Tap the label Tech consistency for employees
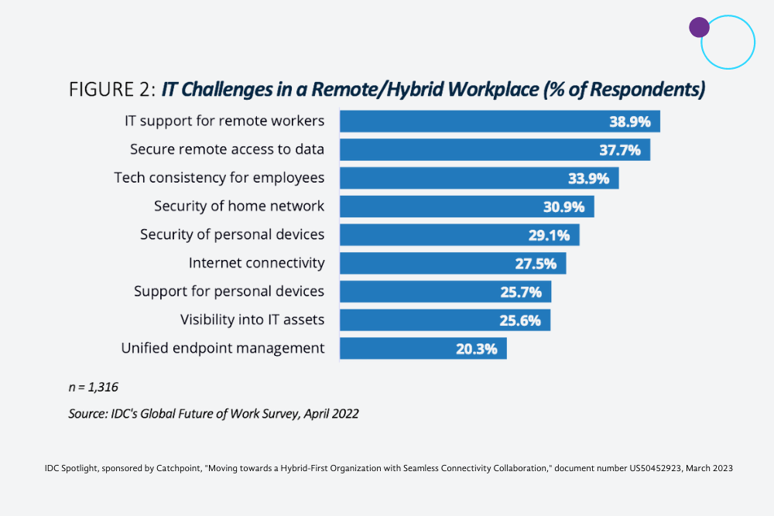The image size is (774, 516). click(x=219, y=178)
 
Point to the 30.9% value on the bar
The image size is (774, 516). click(x=567, y=207)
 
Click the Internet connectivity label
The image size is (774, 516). click(x=256, y=263)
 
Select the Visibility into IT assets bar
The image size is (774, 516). click(x=444, y=320)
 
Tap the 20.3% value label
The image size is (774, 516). click(x=476, y=349)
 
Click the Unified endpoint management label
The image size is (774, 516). click(x=223, y=348)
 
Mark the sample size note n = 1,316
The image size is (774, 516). click(x=94, y=386)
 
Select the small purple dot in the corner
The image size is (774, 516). click(x=699, y=28)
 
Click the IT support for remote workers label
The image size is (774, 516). click(x=224, y=121)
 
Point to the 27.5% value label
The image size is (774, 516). click(x=536, y=264)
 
